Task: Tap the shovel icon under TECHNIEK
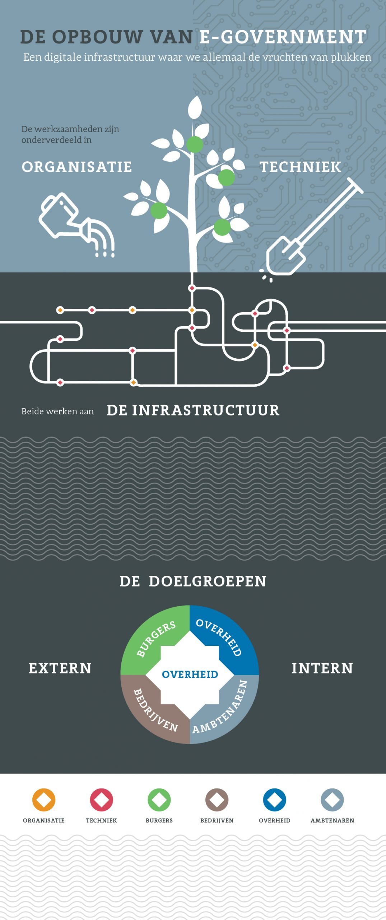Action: tap(309, 230)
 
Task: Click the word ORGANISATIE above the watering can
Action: tap(77, 167)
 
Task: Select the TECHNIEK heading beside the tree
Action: tap(300, 167)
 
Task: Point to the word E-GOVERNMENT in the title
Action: tap(283, 37)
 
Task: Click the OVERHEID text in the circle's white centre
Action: tap(190, 674)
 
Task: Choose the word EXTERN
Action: tap(60, 668)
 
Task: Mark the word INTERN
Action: tap(322, 668)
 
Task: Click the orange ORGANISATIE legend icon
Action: tap(44, 800)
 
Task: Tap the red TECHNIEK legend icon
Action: tap(101, 800)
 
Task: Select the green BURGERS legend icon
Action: tap(159, 800)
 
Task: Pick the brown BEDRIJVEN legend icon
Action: tap(217, 800)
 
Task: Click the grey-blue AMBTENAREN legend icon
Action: tap(332, 800)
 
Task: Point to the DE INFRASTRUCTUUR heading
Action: tap(193, 410)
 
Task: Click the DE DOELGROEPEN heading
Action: tap(193, 581)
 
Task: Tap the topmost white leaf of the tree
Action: tap(195, 107)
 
